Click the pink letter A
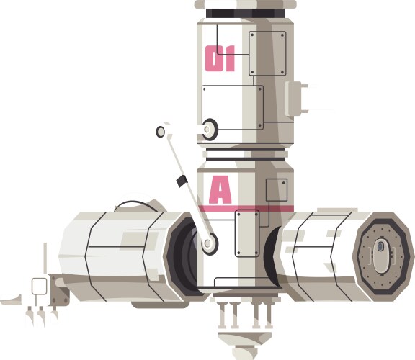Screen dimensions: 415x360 tap(220, 190)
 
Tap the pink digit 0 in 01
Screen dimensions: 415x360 tap(213, 58)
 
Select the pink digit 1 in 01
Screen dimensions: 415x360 tap(229, 58)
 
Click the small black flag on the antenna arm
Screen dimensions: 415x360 tap(182, 181)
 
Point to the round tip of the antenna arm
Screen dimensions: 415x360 tap(161, 131)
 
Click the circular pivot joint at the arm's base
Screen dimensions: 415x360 tap(209, 243)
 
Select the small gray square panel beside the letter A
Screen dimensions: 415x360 tap(277, 190)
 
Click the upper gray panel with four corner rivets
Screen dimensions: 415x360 tap(267, 53)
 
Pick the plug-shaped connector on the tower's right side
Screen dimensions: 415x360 tap(296, 99)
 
